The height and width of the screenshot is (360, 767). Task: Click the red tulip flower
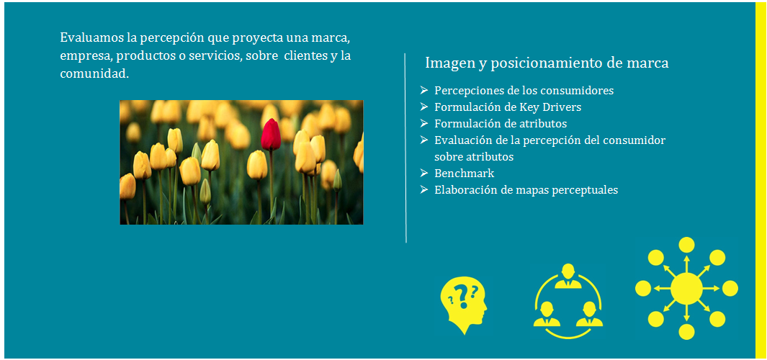click(271, 135)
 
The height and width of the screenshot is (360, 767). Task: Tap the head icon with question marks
click(463, 304)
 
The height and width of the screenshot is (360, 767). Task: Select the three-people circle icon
click(568, 301)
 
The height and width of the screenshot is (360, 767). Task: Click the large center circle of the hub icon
click(687, 289)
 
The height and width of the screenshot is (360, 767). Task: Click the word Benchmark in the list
click(465, 173)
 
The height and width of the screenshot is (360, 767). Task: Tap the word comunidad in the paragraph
click(92, 73)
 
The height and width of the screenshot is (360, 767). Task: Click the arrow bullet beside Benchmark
click(424, 173)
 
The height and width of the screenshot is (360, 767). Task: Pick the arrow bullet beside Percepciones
click(424, 90)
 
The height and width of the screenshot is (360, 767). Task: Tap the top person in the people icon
click(568, 276)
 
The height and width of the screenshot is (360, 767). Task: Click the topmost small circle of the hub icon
click(687, 245)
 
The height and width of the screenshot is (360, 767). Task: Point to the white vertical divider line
click(405, 148)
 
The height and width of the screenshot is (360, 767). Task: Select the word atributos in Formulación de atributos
click(543, 123)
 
